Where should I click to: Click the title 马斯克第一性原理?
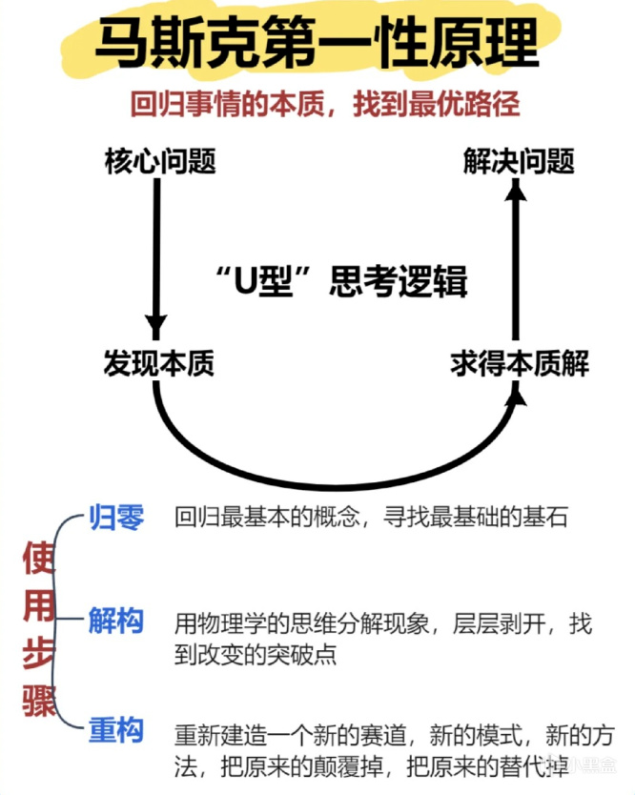pos(317,43)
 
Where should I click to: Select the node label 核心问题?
pos(160,162)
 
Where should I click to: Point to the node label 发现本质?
pos(160,363)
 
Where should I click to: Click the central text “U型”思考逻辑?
pos(340,282)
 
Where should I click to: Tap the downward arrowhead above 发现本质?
pos(155,323)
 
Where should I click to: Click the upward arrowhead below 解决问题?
pos(516,194)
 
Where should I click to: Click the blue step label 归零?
pos(116,518)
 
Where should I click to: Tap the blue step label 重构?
pos(116,731)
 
